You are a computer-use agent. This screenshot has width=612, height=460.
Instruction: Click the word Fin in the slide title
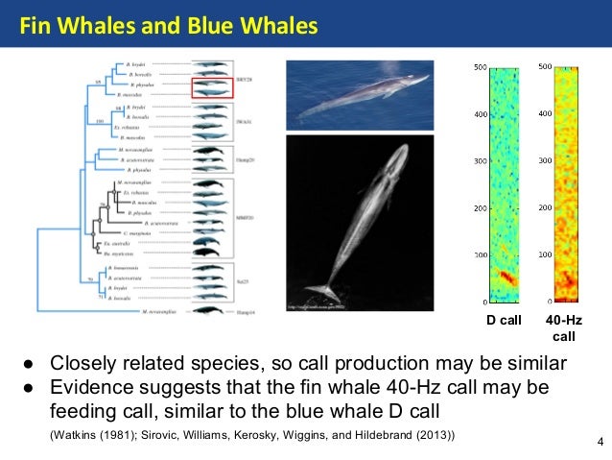(x=35, y=23)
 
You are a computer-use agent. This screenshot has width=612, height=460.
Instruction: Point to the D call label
(x=502, y=320)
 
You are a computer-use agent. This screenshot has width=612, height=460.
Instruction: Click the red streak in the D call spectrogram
(x=506, y=278)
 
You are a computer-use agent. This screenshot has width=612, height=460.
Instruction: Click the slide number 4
(x=600, y=442)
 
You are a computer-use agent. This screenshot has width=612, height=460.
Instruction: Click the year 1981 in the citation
(x=116, y=436)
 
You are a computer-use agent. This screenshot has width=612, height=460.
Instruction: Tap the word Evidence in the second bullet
(x=92, y=387)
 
